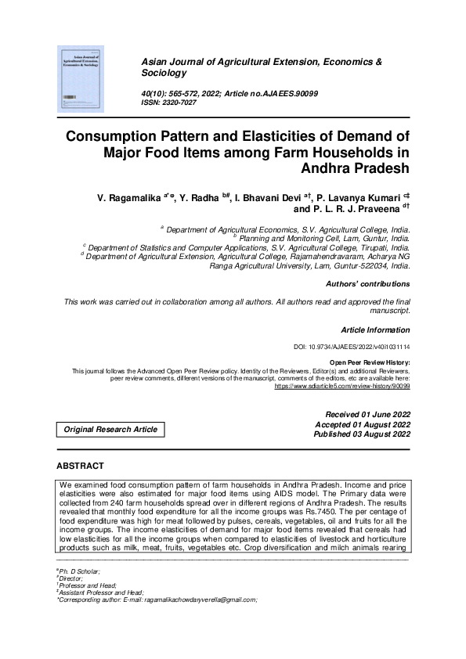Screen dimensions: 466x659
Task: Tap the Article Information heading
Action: click(x=375, y=330)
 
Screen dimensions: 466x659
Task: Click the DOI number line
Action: click(x=351, y=346)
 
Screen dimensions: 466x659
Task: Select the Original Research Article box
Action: click(x=110, y=429)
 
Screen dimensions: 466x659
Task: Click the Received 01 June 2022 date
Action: click(x=367, y=414)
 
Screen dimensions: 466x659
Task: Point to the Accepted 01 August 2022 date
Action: click(x=362, y=424)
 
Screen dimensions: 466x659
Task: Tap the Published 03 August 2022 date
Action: click(x=362, y=434)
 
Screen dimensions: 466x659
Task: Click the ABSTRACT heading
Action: click(x=80, y=466)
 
